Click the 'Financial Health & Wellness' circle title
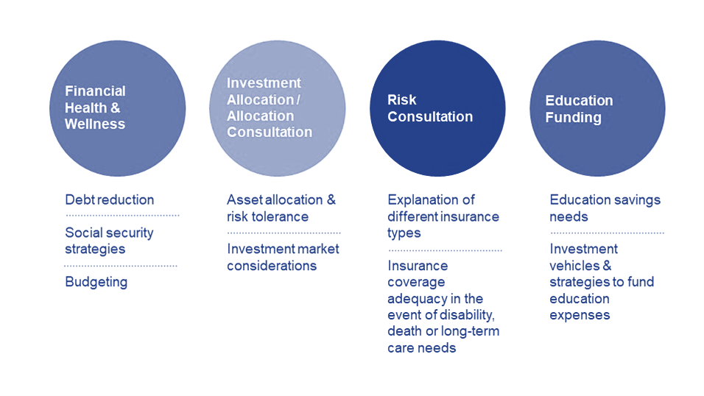[95, 107]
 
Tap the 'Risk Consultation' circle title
[430, 108]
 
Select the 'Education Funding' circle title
[580, 109]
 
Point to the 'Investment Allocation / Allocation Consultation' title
[270, 107]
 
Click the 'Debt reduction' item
[110, 199]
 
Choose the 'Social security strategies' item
[109, 241]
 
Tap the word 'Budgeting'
[96, 282]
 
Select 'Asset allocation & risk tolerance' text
[281, 208]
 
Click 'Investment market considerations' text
[283, 258]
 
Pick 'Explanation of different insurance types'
[443, 216]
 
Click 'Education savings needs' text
[605, 208]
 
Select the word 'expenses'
[580, 315]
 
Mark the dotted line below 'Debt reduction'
[122, 216]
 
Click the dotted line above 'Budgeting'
[121, 266]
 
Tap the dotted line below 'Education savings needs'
[607, 233]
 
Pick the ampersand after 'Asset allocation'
[331, 199]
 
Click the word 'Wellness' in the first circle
[95, 124]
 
